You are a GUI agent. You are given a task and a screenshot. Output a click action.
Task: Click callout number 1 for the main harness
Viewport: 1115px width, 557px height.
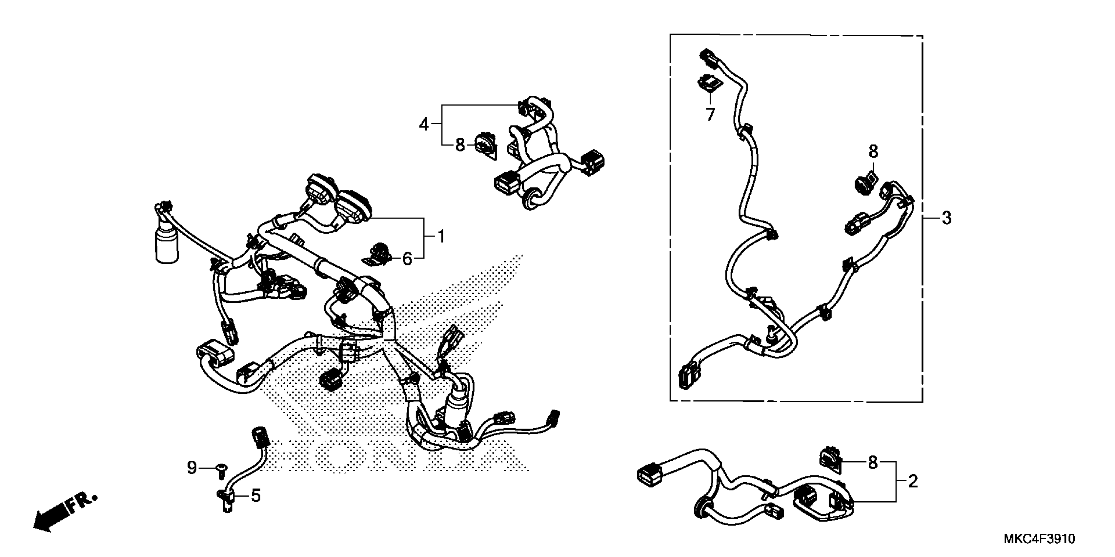tap(441, 237)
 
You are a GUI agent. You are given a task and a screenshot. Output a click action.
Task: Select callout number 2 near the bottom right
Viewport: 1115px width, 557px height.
tap(912, 481)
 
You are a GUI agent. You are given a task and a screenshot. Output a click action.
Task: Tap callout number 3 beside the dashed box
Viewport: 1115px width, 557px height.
tap(947, 218)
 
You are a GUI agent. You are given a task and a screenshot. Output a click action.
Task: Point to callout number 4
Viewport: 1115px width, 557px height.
tap(424, 125)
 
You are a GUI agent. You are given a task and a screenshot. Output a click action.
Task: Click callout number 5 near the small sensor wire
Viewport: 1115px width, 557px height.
tap(256, 496)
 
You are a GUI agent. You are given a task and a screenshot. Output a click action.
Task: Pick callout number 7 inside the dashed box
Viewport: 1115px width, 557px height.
tap(710, 115)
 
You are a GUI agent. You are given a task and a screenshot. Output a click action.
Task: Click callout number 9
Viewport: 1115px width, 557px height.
tap(192, 468)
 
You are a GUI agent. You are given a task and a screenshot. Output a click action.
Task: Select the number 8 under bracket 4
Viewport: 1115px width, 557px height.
tap(460, 145)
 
